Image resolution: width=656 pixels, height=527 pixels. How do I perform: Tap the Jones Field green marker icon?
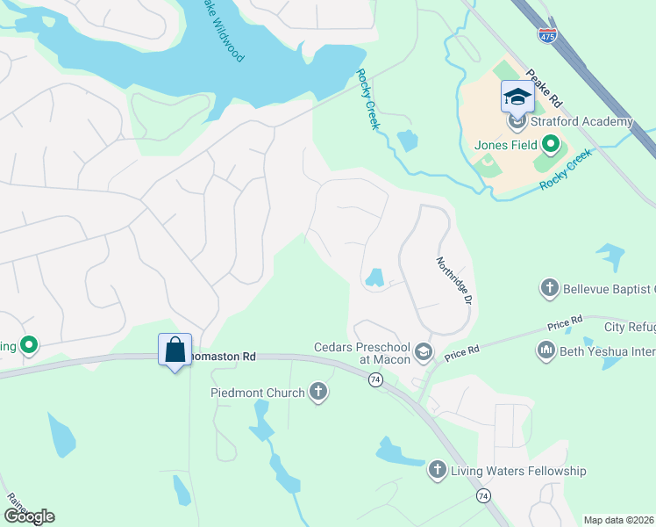551,144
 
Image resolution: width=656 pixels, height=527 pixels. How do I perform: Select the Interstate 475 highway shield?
547,35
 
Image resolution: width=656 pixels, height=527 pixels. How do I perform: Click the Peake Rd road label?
544,90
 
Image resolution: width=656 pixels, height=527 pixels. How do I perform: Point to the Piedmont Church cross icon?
317,393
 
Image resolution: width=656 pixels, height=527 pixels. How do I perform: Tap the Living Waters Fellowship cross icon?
438,471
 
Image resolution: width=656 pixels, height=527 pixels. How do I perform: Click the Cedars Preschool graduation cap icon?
424,352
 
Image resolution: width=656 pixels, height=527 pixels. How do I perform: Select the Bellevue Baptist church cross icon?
549,287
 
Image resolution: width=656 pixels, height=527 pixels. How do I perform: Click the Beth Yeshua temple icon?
545,351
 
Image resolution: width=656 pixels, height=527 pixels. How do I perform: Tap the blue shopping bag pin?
175,350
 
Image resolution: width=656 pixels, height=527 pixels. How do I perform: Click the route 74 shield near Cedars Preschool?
375,379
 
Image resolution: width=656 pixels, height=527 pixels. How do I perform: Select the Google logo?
29,516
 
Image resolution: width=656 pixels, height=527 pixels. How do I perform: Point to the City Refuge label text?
630,328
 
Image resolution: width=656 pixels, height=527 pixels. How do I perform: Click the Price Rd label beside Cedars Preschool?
461,354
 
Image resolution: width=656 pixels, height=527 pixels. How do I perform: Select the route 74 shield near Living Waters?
482,496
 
